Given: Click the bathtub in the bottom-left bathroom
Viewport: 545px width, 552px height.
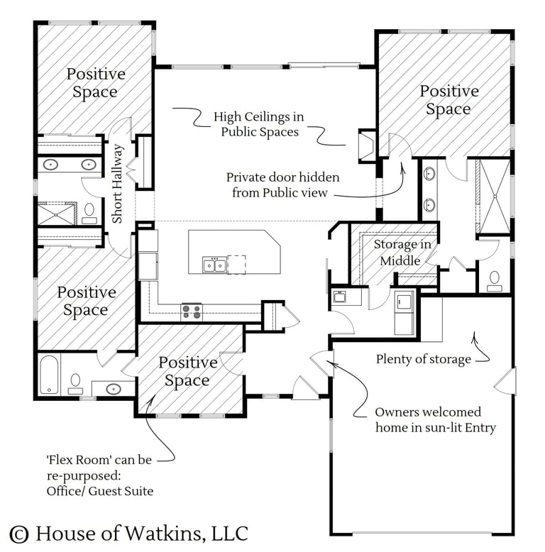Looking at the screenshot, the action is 48,374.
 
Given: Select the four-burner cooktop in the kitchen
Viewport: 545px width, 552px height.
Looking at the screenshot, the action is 192,310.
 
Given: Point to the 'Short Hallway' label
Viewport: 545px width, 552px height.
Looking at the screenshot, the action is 118,184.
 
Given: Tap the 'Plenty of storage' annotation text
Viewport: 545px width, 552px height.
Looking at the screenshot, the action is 423,359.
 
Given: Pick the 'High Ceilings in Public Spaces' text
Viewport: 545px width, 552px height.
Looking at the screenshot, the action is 259,123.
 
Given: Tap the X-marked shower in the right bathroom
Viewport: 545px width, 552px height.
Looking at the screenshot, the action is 492,196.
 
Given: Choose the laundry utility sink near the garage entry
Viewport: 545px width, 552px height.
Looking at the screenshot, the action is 406,302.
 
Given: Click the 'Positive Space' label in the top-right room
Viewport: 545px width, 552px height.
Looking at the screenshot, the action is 448,100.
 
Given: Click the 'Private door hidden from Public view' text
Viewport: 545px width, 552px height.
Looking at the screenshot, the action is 282,184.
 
